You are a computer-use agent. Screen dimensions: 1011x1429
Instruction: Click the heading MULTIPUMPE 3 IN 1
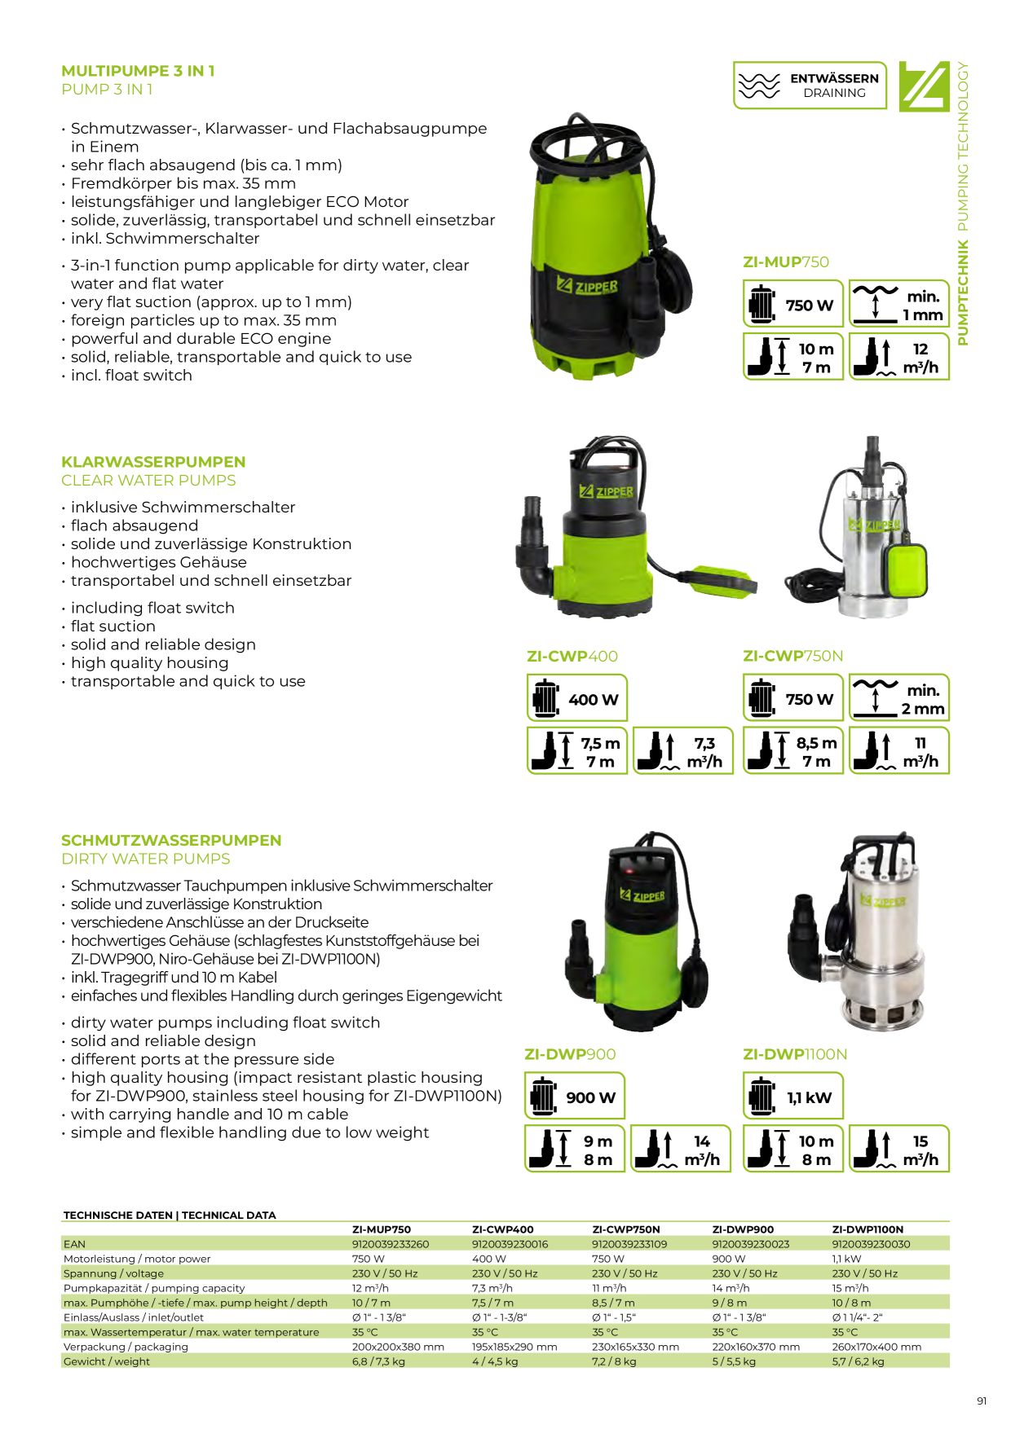(x=138, y=71)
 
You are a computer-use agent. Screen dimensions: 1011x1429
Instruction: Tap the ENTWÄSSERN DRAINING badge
(x=810, y=86)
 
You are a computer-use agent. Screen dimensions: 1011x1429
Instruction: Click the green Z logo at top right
(x=925, y=86)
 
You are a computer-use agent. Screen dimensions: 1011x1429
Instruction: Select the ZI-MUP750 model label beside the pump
(x=785, y=262)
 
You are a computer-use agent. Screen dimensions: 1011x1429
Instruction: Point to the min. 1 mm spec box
(x=899, y=303)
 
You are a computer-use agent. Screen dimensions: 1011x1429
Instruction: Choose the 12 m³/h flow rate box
(x=899, y=356)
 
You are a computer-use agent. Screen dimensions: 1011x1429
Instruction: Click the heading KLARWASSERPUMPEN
(x=153, y=462)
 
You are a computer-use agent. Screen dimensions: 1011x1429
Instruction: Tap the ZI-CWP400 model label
(x=572, y=657)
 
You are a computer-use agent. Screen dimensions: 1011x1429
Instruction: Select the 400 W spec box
(x=577, y=697)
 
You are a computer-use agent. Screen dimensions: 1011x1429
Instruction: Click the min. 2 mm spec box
(x=899, y=697)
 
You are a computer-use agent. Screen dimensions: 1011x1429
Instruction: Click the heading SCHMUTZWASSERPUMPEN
(x=171, y=840)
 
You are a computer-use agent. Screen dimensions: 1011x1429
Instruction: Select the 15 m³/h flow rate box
(x=899, y=1149)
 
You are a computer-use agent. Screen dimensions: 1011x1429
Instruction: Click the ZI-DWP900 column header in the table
(x=743, y=1229)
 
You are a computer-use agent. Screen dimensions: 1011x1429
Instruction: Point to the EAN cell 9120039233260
(x=391, y=1244)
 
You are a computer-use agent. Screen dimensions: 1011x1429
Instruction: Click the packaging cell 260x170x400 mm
(x=876, y=1347)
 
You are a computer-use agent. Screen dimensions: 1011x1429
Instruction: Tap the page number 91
(x=982, y=1401)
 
